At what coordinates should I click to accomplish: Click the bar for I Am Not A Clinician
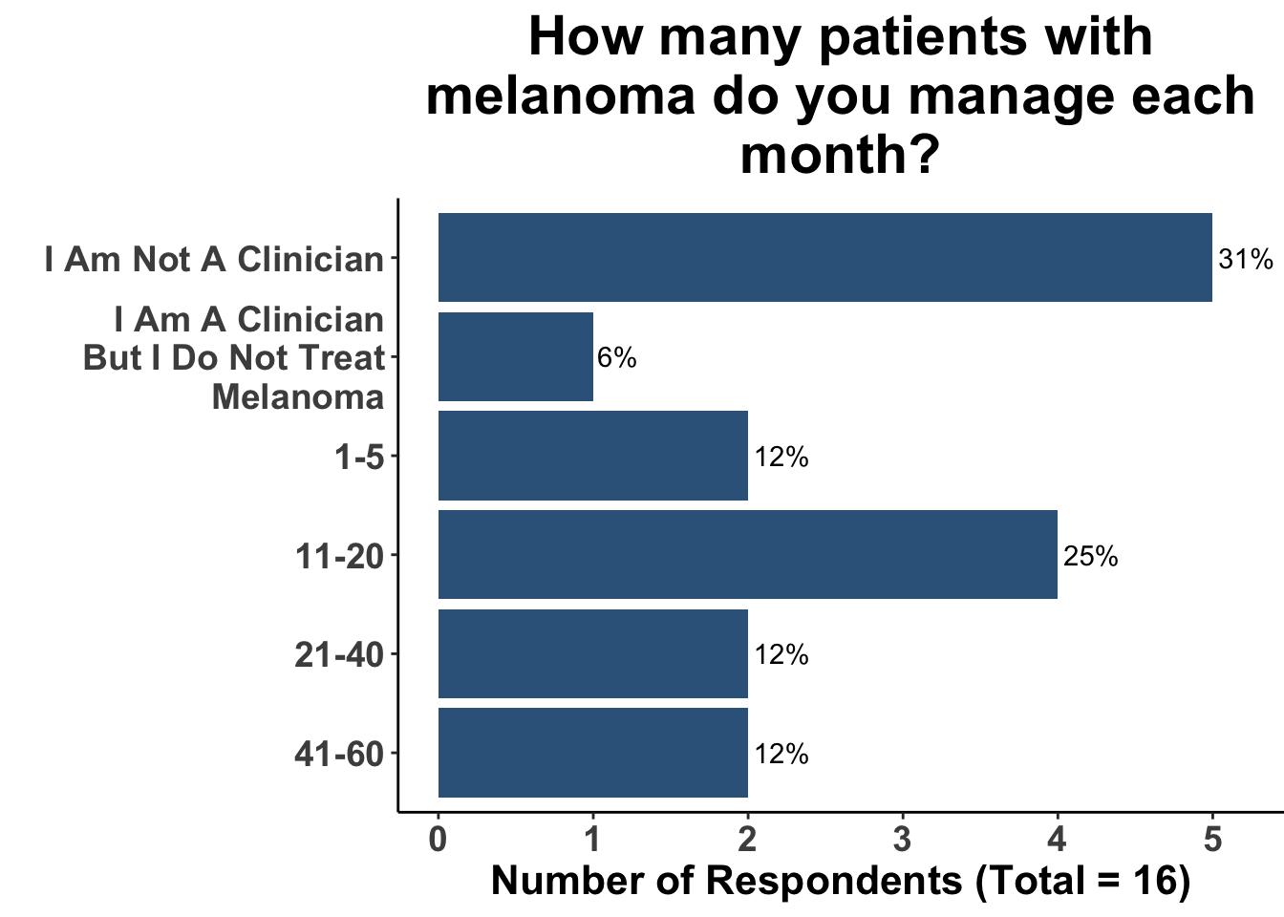824,258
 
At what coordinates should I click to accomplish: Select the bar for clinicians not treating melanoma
516,357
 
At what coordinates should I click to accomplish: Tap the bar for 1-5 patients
592,457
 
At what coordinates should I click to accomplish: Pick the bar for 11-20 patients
747,555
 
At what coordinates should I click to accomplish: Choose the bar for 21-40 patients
592,654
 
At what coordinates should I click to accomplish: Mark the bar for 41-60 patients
592,754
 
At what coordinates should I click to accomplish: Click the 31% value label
1246,259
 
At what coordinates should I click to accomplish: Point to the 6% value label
617,358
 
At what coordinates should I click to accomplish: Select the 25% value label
1090,556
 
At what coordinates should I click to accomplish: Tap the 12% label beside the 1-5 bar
781,458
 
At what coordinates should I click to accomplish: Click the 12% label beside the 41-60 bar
781,755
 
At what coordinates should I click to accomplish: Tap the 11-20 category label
339,556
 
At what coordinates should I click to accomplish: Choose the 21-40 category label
339,655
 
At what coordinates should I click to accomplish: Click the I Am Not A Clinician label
214,259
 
